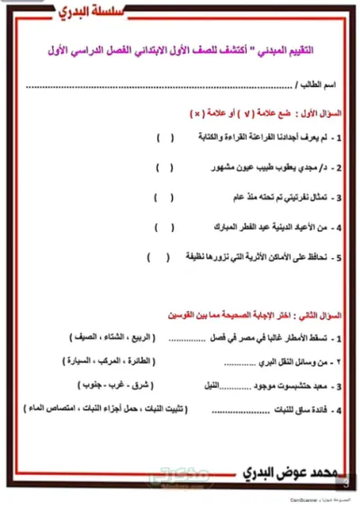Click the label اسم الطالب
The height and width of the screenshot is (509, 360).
coord(318,86)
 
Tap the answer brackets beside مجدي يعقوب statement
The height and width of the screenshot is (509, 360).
coord(164,167)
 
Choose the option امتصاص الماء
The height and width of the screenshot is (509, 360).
coord(64,409)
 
